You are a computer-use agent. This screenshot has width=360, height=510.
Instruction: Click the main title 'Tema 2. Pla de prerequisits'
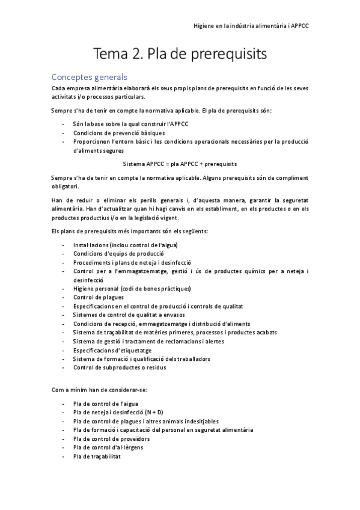[180, 55]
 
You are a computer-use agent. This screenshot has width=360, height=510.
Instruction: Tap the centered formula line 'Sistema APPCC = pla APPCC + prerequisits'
[180, 164]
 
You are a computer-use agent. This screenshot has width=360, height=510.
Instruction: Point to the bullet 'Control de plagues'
[99, 297]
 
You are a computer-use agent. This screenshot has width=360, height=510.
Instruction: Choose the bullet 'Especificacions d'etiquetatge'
[112, 350]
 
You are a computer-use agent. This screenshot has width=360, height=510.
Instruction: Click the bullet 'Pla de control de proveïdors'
[111, 438]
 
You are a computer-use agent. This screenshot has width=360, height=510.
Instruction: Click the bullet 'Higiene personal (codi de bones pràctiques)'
[132, 288]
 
